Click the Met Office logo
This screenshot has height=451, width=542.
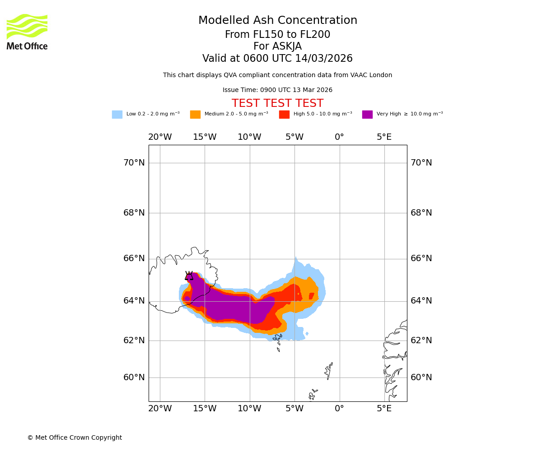27,32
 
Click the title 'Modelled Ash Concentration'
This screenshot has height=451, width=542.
278,21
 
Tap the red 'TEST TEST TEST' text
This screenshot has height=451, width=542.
277,104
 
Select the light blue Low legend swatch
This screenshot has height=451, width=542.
117,115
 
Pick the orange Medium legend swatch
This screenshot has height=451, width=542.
195,115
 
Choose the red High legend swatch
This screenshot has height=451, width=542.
284,115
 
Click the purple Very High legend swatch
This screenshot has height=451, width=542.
367,115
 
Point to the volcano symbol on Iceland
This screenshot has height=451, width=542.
189,276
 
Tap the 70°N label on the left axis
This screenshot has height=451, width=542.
134,163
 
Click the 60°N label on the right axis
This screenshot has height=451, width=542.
421,377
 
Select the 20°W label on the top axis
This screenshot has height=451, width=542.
160,137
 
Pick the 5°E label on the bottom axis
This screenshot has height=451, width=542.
384,409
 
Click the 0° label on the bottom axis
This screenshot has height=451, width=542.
339,409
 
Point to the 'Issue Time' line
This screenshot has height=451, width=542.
277,90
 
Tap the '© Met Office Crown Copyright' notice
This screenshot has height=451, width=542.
75,438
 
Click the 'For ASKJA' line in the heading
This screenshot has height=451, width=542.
277,46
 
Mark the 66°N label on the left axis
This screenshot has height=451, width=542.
134,258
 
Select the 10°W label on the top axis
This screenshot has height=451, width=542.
249,137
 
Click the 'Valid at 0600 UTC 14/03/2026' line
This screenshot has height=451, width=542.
277,59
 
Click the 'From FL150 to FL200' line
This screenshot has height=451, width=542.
277,35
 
